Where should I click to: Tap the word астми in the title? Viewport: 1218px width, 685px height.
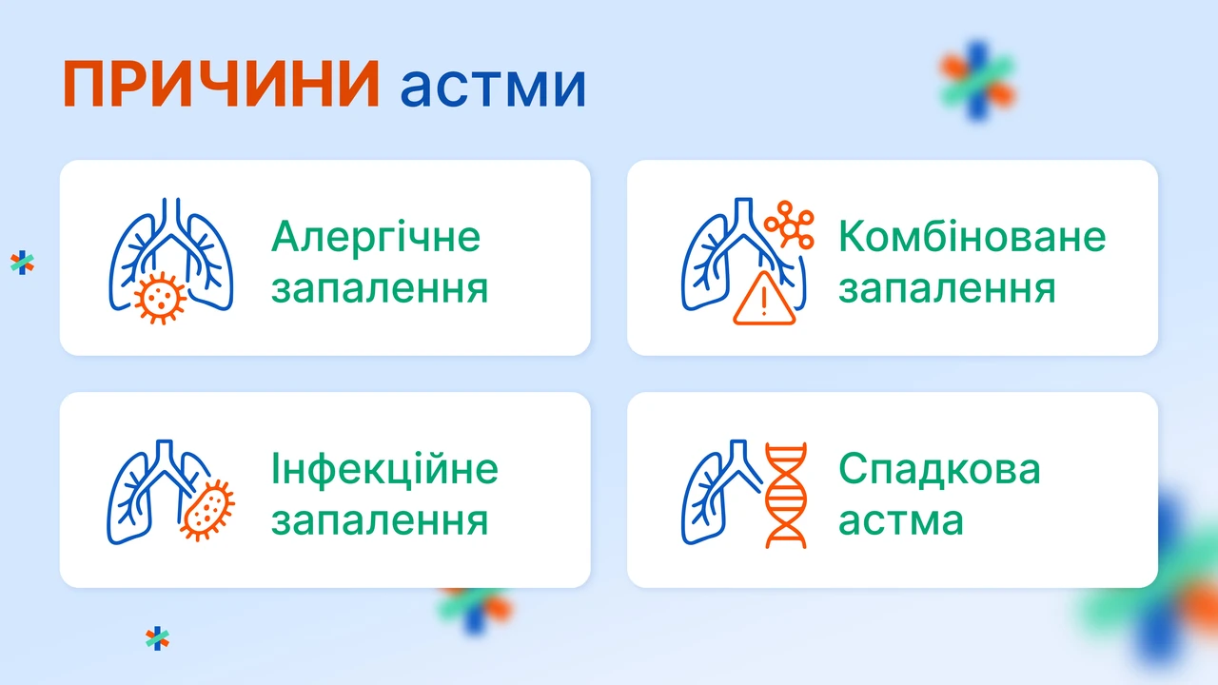pyautogui.click(x=493, y=87)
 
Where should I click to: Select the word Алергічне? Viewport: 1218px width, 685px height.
pyautogui.click(x=376, y=237)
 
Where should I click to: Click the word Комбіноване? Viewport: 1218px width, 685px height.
pyautogui.click(x=972, y=237)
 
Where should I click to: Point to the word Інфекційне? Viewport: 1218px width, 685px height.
pyautogui.click(x=384, y=469)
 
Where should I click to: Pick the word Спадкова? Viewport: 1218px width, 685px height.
pyautogui.click(x=939, y=468)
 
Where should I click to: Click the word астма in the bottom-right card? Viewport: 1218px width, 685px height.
pyautogui.click(x=900, y=520)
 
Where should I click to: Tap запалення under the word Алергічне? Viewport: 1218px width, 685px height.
pyautogui.click(x=380, y=288)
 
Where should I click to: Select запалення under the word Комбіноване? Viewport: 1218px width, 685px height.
pyautogui.click(x=947, y=288)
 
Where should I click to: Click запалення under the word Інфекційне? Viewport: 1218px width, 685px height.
pyautogui.click(x=380, y=520)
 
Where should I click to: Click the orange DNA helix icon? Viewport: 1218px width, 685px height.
pyautogui.click(x=786, y=496)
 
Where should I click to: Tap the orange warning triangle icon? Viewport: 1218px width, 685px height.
pyautogui.click(x=764, y=298)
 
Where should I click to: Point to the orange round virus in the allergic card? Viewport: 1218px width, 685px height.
pyautogui.click(x=160, y=298)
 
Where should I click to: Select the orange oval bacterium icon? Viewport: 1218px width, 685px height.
pyautogui.click(x=207, y=510)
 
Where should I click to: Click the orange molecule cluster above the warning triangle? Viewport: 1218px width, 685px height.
pyautogui.click(x=789, y=225)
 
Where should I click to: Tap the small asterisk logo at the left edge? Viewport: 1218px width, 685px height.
pyautogui.click(x=22, y=263)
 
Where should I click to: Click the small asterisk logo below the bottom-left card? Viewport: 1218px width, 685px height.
pyautogui.click(x=157, y=638)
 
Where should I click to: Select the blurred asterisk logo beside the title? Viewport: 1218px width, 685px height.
pyautogui.click(x=977, y=81)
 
